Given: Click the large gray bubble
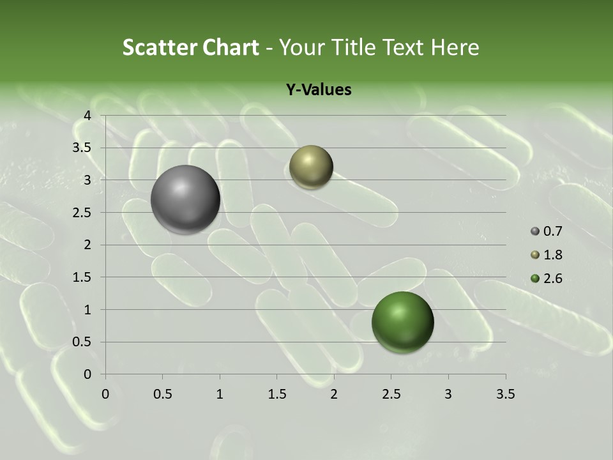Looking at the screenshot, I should pyautogui.click(x=185, y=199).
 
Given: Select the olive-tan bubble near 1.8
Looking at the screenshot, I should pyautogui.click(x=311, y=167).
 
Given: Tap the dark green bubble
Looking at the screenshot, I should pyautogui.click(x=402, y=322).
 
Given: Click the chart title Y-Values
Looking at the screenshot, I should pyautogui.click(x=319, y=90).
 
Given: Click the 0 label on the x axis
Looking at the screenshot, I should pyautogui.click(x=106, y=394).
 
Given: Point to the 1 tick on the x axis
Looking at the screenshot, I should pyautogui.click(x=220, y=394).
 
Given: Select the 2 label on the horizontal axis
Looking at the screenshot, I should pyautogui.click(x=334, y=394).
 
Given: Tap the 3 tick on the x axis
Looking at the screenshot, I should pyautogui.click(x=448, y=394).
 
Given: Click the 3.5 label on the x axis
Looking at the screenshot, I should pyautogui.click(x=505, y=394).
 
